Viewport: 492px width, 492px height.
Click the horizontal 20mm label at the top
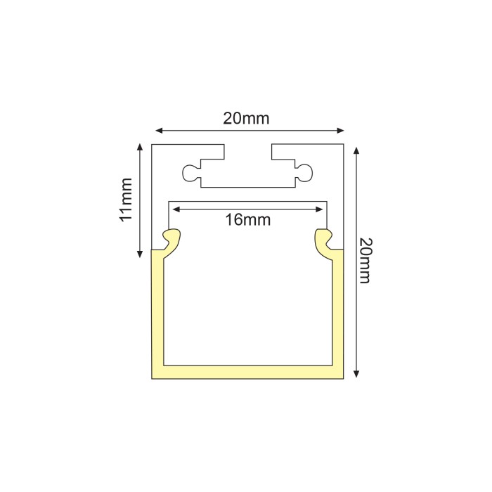click(x=246, y=119)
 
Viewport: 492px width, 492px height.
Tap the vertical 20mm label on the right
click(x=365, y=261)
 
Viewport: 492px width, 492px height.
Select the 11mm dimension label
click(x=127, y=200)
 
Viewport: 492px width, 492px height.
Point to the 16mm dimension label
click(x=248, y=219)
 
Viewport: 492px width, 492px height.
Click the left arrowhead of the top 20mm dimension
click(x=160, y=131)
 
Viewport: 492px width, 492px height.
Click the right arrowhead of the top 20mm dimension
click(x=340, y=131)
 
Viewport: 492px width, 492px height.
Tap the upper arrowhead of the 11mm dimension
click(x=141, y=148)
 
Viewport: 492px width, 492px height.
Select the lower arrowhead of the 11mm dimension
click(x=141, y=254)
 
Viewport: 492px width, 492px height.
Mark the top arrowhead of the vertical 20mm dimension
click(x=356, y=151)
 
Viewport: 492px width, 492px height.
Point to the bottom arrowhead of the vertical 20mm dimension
click(x=356, y=373)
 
